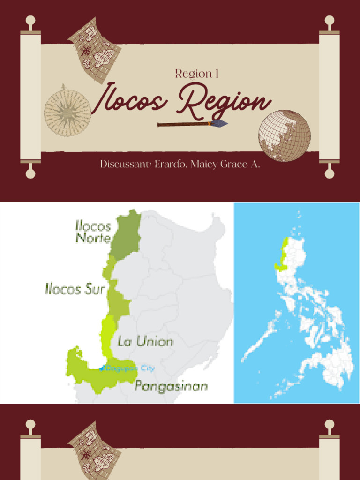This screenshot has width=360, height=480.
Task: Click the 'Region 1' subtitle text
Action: click(x=197, y=74)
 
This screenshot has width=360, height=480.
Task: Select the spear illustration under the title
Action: click(x=192, y=124)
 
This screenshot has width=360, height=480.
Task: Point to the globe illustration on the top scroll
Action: click(x=285, y=135)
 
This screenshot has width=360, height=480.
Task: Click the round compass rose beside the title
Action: click(x=67, y=111)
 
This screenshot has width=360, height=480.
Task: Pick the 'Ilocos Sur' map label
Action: click(x=75, y=288)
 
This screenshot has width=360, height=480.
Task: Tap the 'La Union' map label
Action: click(x=145, y=341)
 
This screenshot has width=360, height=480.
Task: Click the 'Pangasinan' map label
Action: click(x=171, y=386)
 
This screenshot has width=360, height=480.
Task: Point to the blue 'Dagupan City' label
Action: click(x=129, y=368)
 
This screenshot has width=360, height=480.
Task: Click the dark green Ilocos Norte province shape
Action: click(x=127, y=237)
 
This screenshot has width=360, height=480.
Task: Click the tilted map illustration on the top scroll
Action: click(x=95, y=50)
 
